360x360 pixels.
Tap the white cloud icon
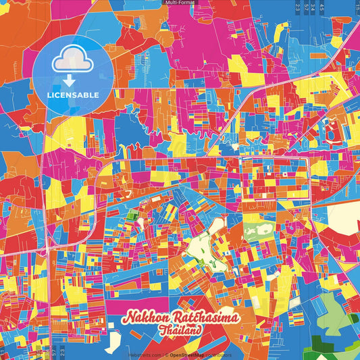point(72,59)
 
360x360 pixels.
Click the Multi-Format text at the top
point(180,3)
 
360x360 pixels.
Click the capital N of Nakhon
point(128,318)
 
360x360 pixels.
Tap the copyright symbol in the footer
point(166,355)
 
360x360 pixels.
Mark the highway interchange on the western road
point(47,249)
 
